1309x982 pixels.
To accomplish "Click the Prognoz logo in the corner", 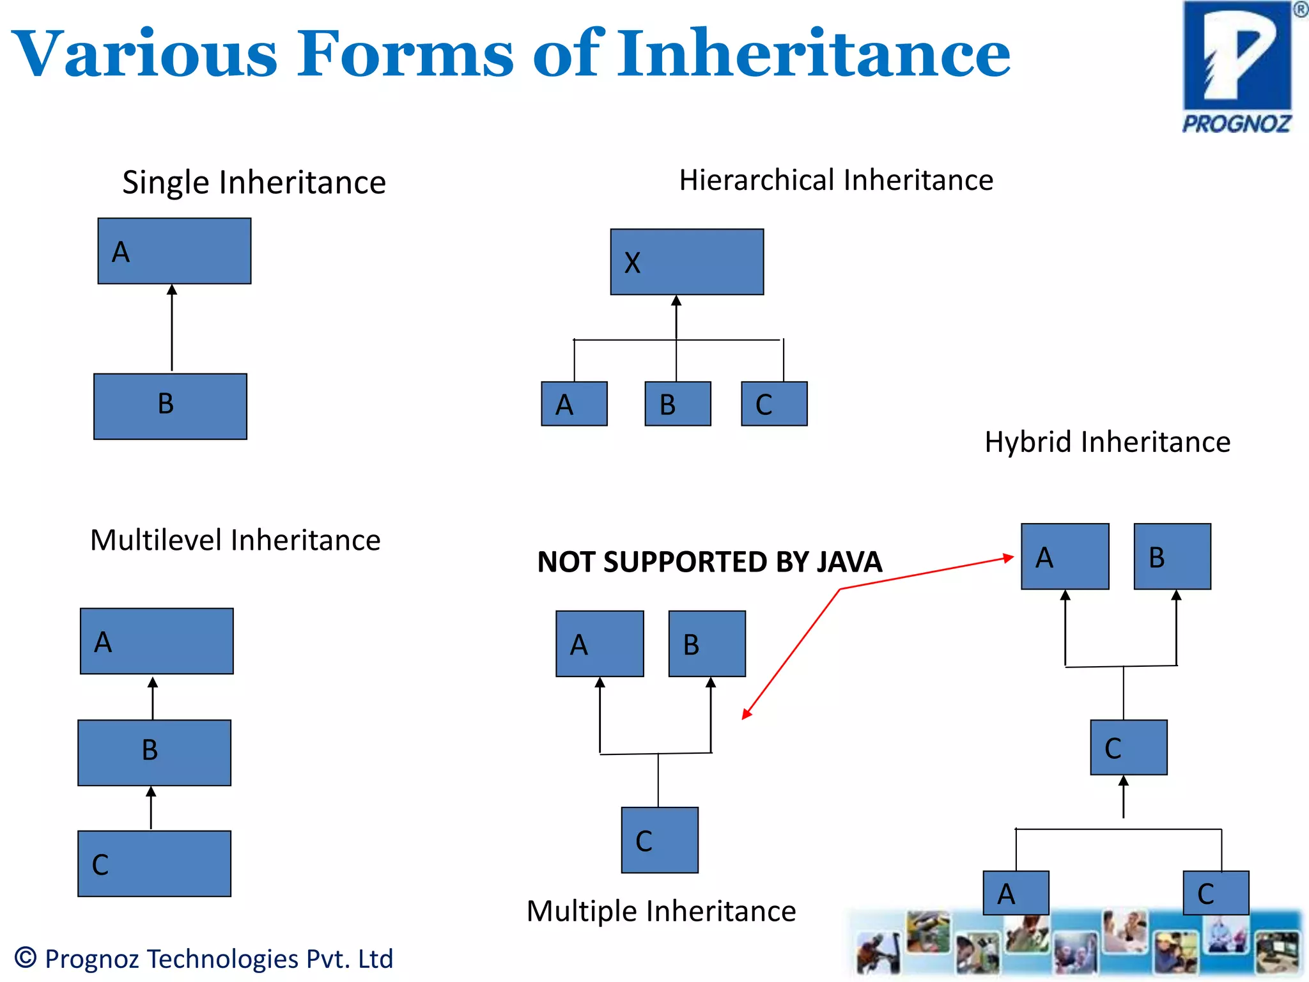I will (x=1237, y=67).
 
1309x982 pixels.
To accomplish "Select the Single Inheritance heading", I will (x=254, y=183).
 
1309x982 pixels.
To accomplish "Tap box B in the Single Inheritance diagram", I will (x=170, y=406).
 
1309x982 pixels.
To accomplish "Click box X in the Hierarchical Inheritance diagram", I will (x=686, y=261).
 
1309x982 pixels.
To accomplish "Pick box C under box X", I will (x=774, y=403).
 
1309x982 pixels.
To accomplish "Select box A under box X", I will (x=574, y=403).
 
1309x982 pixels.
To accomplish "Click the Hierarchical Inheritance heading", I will (x=836, y=180).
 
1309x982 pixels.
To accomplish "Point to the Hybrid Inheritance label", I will (x=1107, y=442).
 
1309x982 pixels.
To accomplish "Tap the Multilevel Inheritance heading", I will (x=235, y=540).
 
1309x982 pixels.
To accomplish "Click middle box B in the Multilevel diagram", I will (x=154, y=752).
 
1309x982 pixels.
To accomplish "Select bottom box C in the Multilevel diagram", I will (x=154, y=863).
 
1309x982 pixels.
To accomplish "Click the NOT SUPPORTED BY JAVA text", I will (x=709, y=562).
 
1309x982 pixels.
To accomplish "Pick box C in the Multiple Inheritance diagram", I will (x=660, y=839).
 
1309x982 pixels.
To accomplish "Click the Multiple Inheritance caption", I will (x=661, y=911).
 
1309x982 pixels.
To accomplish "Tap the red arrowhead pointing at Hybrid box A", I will (x=1009, y=558).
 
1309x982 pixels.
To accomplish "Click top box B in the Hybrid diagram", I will (x=1172, y=556).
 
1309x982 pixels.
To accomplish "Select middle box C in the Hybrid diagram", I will (x=1129, y=747).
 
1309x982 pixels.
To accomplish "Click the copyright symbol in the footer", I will (x=26, y=958).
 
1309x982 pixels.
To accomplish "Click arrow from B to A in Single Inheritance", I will (x=172, y=328).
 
